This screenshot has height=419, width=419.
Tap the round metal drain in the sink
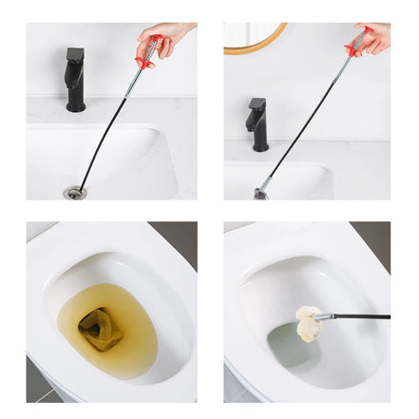pos(74,193)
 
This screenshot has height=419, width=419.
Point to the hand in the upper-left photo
pos(166,38)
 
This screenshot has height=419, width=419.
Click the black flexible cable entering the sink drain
pos(100,143)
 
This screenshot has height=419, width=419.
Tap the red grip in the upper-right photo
pos(354,46)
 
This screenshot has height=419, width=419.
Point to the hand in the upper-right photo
pos(374,36)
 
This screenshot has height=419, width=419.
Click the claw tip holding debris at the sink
pos(260,193)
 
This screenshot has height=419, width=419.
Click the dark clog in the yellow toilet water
pos(99,329)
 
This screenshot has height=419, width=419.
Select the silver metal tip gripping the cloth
pos(325,316)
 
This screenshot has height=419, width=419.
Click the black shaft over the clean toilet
pos(361,315)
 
